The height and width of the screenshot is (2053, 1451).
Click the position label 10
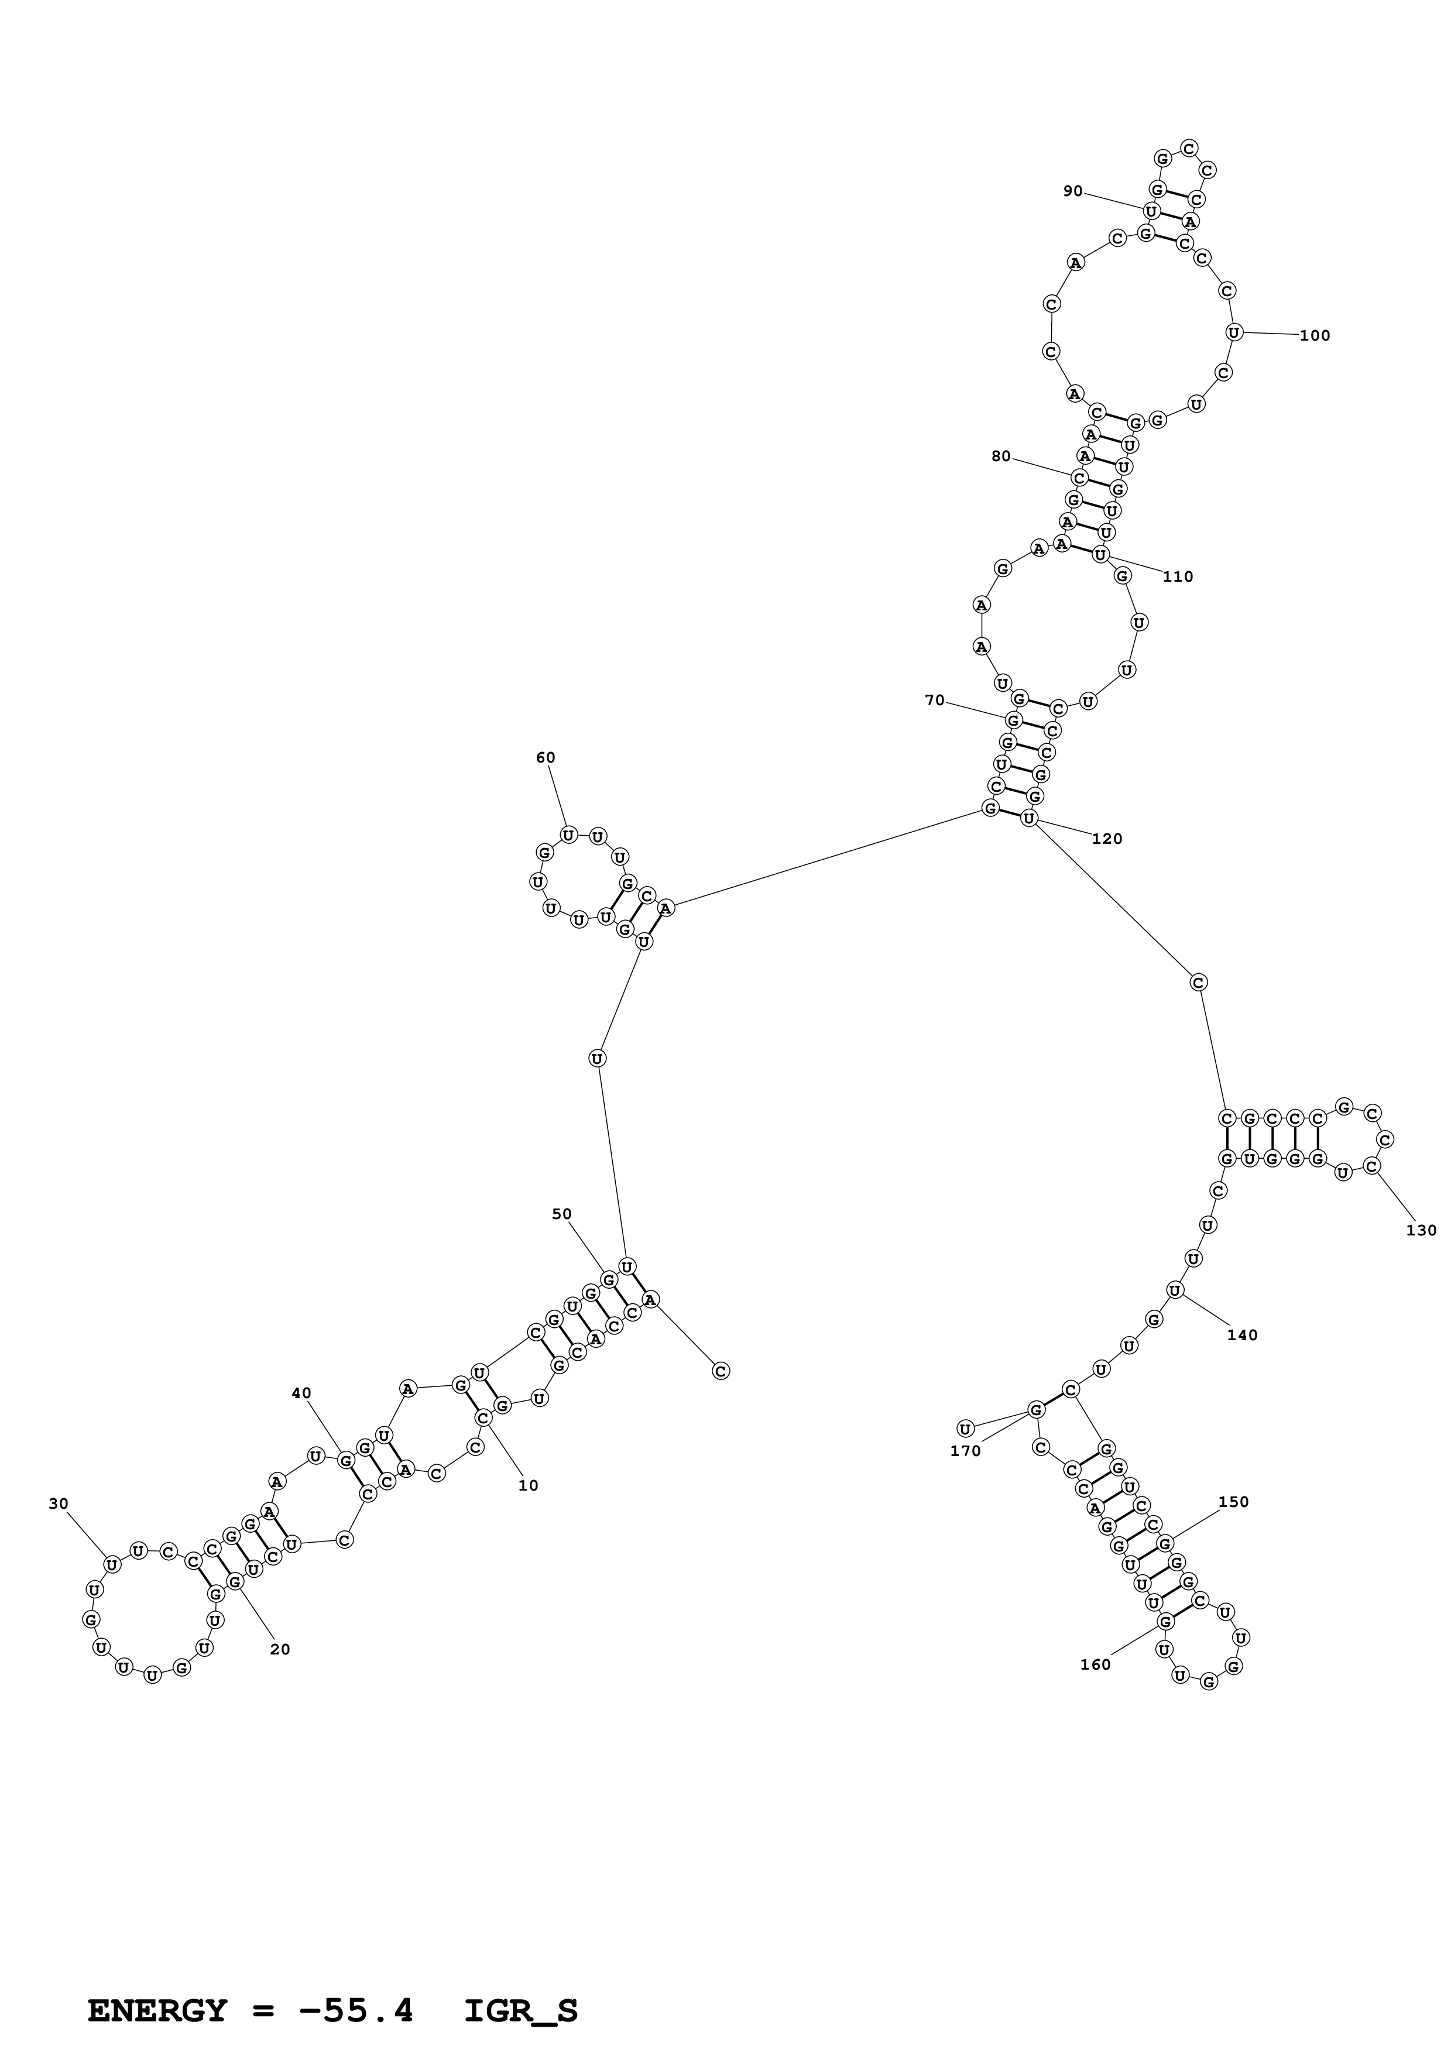click(529, 1485)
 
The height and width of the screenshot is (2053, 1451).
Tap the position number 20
click(280, 1650)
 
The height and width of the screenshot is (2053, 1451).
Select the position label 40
click(301, 1392)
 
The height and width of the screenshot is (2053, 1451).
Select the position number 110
click(1178, 576)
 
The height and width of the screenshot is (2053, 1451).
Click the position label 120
click(1107, 839)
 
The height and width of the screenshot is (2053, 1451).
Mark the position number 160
click(1095, 1664)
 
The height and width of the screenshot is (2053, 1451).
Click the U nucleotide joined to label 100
click(1234, 332)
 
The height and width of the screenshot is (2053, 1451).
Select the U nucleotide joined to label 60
click(568, 835)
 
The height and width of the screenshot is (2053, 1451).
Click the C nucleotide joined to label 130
click(1373, 1166)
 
